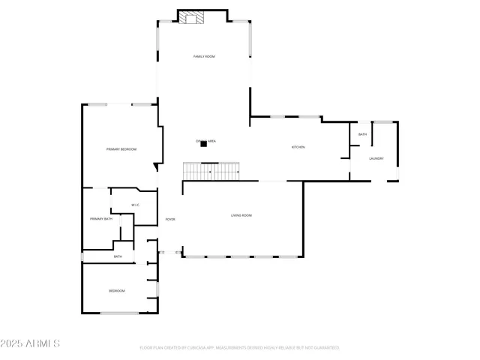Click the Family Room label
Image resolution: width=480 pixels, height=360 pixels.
[204, 56]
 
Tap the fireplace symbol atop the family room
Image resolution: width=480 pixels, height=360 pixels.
[192, 18]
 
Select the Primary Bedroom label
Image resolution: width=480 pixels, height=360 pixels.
[121, 149]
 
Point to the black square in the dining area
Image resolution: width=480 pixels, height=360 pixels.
[202, 145]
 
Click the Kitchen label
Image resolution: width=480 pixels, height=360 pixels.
[298, 147]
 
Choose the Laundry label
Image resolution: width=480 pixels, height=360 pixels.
[376, 158]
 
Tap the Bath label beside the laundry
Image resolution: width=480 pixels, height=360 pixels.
[362, 135]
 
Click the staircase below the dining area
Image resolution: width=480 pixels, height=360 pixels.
[211, 171]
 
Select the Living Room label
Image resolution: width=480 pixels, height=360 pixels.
[241, 215]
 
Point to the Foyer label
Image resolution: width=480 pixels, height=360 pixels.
[170, 219]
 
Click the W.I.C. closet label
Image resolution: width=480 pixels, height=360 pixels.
[136, 205]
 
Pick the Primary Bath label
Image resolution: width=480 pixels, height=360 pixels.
[101, 218]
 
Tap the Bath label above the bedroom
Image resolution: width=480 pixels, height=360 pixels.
[118, 256]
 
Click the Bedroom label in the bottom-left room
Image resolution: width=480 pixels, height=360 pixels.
[116, 290]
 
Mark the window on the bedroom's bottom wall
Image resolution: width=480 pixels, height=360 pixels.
[120, 313]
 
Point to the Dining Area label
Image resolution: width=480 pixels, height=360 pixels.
[206, 140]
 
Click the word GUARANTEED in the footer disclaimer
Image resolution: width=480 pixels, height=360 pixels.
[324, 348]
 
